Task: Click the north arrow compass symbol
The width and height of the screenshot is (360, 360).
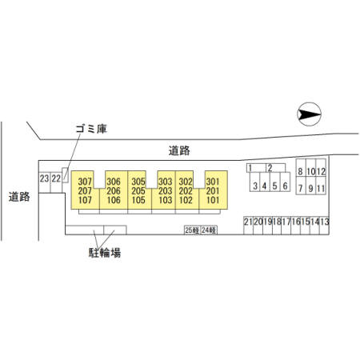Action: click(309, 114)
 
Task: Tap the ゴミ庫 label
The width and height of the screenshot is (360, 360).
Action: click(91, 129)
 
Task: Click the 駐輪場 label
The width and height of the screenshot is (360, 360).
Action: click(105, 253)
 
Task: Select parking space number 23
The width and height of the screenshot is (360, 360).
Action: click(44, 178)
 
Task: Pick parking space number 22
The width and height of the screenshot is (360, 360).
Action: click(56, 178)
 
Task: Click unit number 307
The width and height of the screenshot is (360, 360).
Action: click(85, 182)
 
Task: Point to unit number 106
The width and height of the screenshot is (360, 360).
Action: click(114, 200)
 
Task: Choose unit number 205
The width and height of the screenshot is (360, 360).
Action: click(138, 191)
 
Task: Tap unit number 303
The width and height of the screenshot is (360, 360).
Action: click(166, 182)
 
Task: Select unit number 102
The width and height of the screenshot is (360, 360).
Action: click(186, 200)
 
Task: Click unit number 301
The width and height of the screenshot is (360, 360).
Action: click(213, 182)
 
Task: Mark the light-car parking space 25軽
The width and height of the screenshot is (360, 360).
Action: click(192, 230)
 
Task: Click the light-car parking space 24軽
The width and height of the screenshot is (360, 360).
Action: click(209, 230)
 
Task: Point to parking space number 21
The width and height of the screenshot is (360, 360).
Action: click(248, 222)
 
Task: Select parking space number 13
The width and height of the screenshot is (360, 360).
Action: click(325, 222)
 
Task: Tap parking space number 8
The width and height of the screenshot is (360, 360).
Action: click(301, 171)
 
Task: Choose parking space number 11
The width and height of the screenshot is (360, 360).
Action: click(321, 189)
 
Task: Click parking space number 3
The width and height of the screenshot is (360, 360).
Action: click(255, 186)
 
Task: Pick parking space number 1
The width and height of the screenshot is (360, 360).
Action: click(250, 168)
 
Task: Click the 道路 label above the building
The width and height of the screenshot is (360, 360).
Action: click(179, 151)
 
